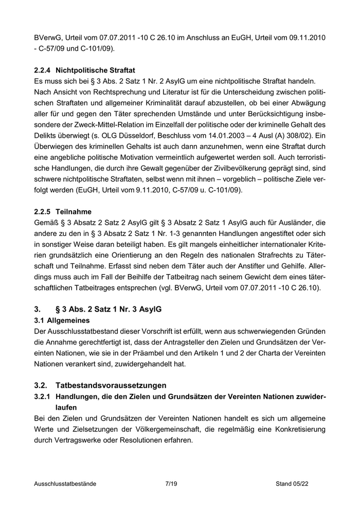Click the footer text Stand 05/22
tap(292, 484)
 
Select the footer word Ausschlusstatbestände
tap(65, 484)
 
